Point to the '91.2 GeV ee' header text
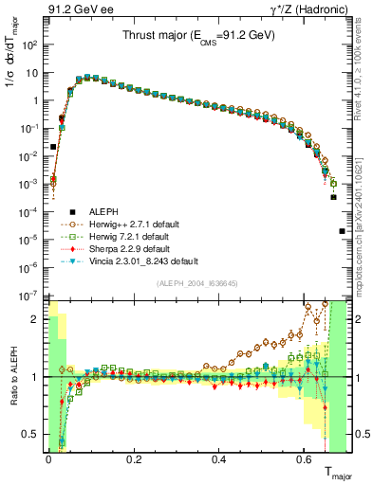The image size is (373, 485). click(76, 10)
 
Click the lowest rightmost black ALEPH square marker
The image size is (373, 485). click(342, 231)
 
